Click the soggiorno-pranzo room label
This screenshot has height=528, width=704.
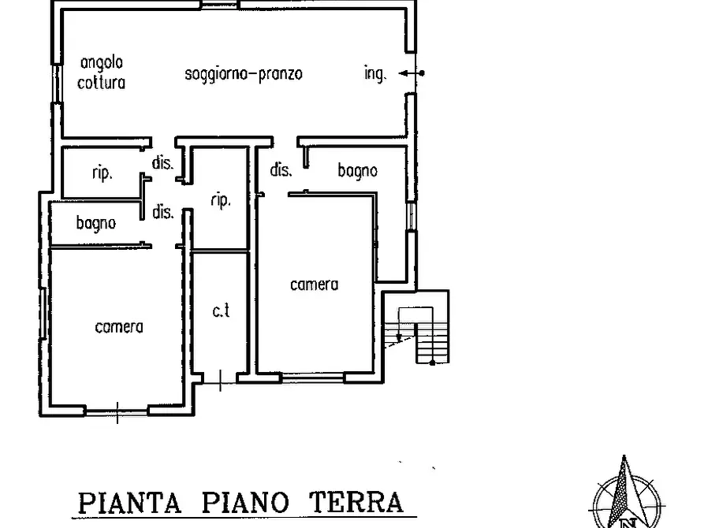pos(244,74)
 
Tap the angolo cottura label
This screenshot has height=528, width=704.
pos(101,72)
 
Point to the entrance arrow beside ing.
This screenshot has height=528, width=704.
pos(410,73)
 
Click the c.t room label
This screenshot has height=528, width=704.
pos(221,310)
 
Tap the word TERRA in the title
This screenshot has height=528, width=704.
pos(355,502)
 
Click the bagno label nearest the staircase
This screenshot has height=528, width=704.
pos(357,170)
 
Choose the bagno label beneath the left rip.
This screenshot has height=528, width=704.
pos(95,223)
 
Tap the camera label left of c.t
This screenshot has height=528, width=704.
pos(118,326)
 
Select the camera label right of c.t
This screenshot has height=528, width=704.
pos(314,284)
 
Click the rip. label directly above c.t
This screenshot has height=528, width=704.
pos(221,201)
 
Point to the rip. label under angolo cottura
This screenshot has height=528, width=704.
pos(102,173)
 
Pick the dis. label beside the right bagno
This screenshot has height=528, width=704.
pos(281,169)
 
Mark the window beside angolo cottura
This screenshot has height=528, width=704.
pos(57,83)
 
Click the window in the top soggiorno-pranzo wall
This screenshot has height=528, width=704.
pos(213,5)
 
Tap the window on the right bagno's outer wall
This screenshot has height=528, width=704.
pos(410,216)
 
